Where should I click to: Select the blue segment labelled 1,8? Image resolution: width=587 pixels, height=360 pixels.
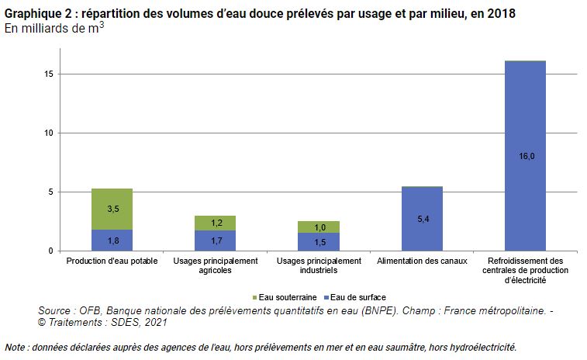click(x=112, y=240)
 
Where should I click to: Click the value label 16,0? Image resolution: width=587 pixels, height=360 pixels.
click(x=525, y=156)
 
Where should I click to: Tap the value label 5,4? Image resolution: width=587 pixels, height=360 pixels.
click(x=422, y=220)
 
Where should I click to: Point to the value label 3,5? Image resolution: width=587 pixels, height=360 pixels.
click(x=112, y=209)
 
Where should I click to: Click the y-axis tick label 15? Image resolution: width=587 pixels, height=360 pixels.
click(x=48, y=74)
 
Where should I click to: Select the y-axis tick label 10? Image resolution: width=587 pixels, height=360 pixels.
click(x=48, y=133)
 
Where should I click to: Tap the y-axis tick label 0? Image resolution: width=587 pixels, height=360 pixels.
click(x=50, y=251)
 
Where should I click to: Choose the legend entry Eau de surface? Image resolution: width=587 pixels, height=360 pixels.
click(x=357, y=297)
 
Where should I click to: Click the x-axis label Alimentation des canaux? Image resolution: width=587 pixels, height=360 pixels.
click(x=422, y=261)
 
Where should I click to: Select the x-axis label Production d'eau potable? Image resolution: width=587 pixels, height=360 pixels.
click(x=112, y=261)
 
